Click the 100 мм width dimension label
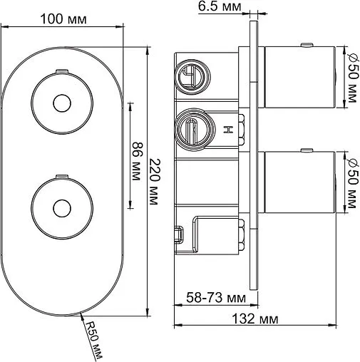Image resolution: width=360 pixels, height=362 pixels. (63, 19)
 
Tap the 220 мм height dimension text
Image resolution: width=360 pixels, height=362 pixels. (155, 182)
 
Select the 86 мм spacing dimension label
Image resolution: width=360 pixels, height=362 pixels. (138, 162)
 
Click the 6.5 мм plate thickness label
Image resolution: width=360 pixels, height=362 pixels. (220, 6)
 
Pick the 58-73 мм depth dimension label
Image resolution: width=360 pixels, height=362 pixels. (216, 297)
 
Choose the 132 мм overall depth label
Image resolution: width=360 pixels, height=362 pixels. (254, 319)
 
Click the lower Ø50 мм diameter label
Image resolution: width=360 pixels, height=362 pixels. (353, 183)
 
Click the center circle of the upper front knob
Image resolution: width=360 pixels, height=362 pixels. (62, 103)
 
